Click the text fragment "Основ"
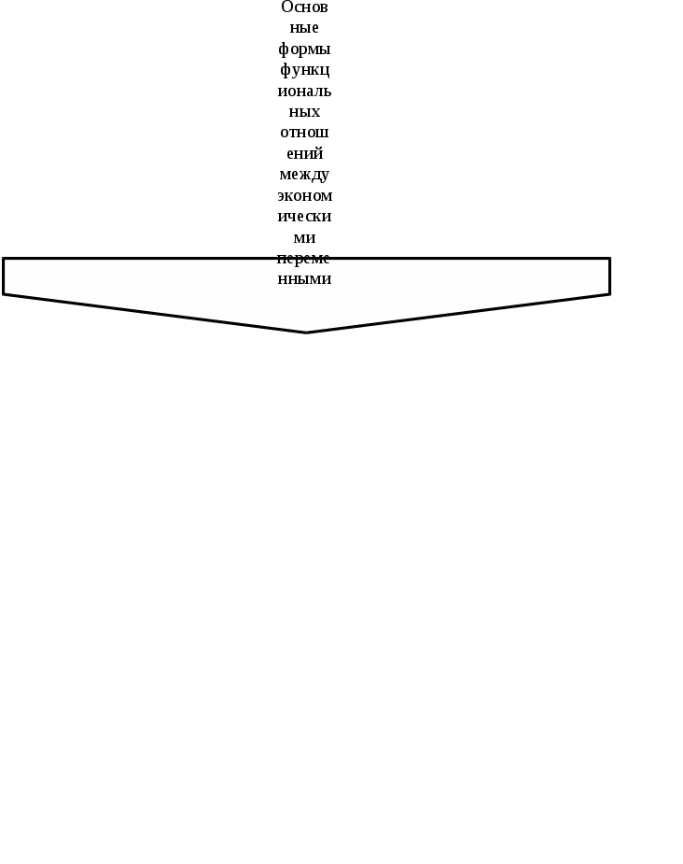(304, 7)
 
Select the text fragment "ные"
(304, 28)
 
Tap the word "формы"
(304, 49)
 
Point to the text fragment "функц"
(304, 70)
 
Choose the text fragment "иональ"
(304, 92)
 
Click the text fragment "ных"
(304, 112)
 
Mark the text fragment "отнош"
(304, 133)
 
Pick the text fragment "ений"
(304, 153)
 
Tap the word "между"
(304, 175)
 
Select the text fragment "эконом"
(304, 196)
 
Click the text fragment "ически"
(304, 217)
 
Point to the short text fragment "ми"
(304, 238)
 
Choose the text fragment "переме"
(304, 259)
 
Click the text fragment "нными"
(304, 279)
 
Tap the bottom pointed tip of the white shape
(306, 332)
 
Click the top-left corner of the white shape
(4, 259)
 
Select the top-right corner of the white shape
(609, 259)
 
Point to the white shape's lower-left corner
(4, 294)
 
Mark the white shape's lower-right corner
(609, 294)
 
